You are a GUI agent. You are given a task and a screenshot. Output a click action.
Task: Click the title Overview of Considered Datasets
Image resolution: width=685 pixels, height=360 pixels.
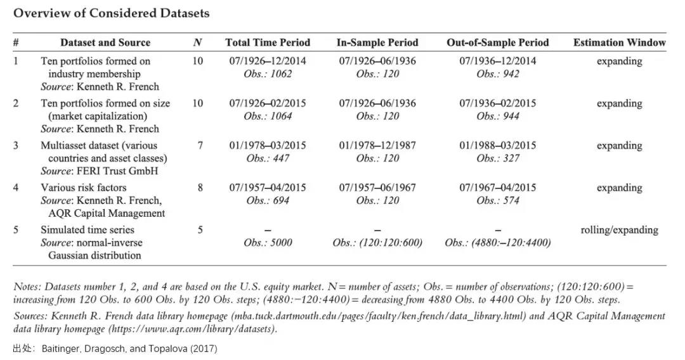[112, 13]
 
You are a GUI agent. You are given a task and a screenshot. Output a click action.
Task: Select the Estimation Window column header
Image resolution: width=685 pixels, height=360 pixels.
[619, 42]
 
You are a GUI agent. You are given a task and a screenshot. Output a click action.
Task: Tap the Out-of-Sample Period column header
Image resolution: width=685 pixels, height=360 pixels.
[497, 42]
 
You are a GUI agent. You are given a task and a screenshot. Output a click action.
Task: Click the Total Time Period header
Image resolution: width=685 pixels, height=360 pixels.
[268, 42]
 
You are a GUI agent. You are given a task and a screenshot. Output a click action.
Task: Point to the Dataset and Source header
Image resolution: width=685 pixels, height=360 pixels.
[105, 42]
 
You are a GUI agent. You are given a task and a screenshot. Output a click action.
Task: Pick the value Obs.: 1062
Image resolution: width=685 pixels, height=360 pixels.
[268, 74]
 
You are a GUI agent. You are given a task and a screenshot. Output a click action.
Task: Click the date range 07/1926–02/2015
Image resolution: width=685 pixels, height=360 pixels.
[268, 103]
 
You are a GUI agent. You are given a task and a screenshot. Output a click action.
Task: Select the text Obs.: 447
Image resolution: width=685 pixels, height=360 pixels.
[268, 158]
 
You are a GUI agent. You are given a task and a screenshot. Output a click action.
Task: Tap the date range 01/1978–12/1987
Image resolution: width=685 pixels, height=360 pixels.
[377, 145]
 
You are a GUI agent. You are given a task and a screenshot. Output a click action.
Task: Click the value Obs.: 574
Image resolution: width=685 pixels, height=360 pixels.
[498, 200]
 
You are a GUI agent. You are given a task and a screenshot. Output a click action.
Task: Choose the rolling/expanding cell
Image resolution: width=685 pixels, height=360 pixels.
[619, 230]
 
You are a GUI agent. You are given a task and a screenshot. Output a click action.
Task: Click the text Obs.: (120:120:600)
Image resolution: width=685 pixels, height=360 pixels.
[377, 243]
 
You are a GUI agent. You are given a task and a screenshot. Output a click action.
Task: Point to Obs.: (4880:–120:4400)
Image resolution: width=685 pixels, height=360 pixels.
[498, 243]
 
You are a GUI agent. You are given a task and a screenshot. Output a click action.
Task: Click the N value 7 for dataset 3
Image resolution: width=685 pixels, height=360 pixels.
[200, 145]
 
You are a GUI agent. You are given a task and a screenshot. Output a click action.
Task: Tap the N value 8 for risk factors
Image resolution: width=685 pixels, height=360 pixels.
[200, 188]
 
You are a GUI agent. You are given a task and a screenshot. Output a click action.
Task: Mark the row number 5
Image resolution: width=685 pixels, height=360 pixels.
[16, 230]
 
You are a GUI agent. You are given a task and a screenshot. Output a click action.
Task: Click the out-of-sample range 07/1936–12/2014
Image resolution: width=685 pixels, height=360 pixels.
[498, 61]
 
